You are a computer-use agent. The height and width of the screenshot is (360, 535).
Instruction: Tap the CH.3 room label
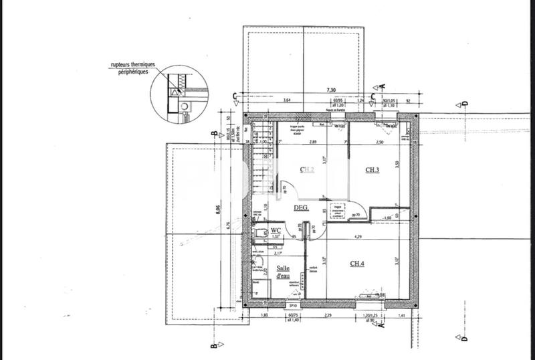[x=372, y=170]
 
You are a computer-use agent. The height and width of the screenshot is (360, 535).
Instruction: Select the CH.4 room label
[x=358, y=263]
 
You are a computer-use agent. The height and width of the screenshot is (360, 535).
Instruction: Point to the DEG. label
[x=301, y=208]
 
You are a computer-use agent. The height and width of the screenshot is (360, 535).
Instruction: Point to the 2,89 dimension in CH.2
[x=312, y=142]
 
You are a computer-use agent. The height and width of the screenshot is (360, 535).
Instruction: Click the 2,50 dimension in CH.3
[x=379, y=142]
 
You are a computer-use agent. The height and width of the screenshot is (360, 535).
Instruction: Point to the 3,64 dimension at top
[x=287, y=100]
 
